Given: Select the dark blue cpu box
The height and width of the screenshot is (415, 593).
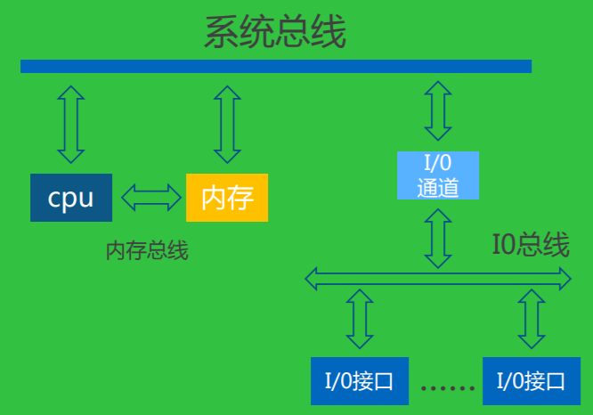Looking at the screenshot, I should pos(71,197).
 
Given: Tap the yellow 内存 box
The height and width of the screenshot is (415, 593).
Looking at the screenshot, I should pos(227,197).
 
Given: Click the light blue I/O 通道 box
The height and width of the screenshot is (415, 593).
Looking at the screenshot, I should pos(437,175).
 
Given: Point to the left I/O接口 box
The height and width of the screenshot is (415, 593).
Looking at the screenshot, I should pos(353,381).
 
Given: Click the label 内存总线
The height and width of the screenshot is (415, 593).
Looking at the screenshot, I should pos(147,251).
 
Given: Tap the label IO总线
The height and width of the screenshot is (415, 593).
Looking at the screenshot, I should pos(531,245).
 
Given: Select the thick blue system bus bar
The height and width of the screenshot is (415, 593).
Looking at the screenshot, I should pos(276,66).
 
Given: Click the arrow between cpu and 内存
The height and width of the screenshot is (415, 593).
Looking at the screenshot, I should pos(150,197).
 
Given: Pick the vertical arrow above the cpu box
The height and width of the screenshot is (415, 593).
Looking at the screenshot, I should pos(70,124).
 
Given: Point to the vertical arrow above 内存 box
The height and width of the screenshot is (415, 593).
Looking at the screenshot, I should pos(228,124).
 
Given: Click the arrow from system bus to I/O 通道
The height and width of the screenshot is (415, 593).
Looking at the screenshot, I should pos(437,110).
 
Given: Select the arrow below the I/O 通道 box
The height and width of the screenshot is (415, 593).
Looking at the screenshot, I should pos(437,237).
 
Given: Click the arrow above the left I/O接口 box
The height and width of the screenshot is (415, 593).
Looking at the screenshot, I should pos(360,318).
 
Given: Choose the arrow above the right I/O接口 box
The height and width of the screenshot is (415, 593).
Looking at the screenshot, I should pos(532,318).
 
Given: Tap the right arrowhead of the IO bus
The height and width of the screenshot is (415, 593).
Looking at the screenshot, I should pos(565,279).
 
